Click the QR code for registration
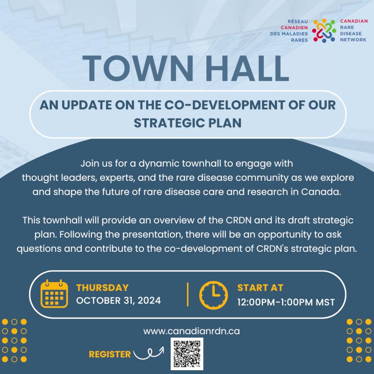187,354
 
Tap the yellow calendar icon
54,294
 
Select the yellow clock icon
214,295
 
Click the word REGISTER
110,354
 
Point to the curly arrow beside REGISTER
149,353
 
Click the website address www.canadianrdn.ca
192,331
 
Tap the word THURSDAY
103,288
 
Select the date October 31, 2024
118,300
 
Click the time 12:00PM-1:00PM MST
286,302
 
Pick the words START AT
260,288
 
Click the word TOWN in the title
138,69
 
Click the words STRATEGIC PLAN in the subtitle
187,123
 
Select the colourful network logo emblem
324,30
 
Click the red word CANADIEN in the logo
294,28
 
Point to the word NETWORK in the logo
353,39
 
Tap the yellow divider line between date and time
188,294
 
